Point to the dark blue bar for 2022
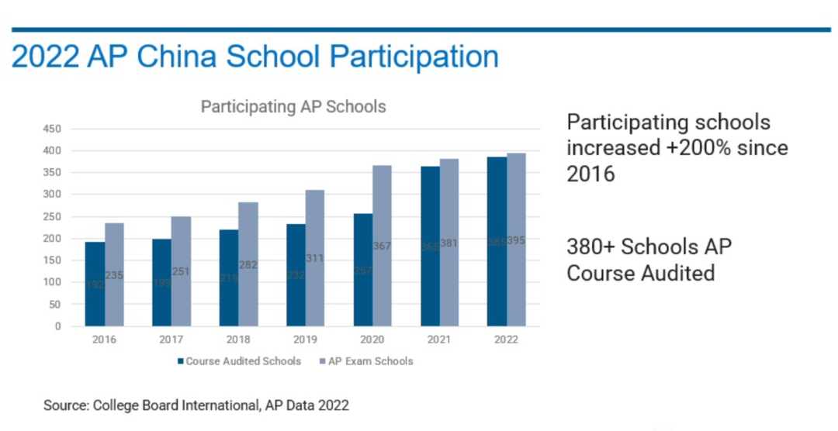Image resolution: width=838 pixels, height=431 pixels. pos(497,241)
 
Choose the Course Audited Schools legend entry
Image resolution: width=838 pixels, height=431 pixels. pos(239,361)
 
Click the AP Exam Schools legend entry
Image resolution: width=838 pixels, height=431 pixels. pos(366,361)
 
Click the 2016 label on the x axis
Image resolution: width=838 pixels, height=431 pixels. pos(105,340)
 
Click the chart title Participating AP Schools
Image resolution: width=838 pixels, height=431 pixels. pos(293,107)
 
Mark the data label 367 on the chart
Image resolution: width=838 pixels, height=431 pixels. pos(383,247)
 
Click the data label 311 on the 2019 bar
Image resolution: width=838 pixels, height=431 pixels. pos(315,258)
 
